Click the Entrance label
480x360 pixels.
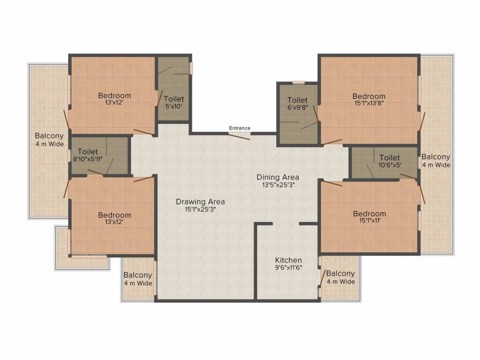click(x=240, y=128)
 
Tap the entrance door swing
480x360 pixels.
click(x=240, y=136)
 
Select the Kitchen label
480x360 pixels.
click(x=288, y=260)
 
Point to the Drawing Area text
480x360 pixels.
click(x=200, y=202)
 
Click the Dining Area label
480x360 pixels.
click(x=277, y=177)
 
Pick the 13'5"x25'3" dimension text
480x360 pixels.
click(x=278, y=185)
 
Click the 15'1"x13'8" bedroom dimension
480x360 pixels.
click(x=369, y=103)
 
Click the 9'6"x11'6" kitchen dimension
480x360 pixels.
click(x=288, y=268)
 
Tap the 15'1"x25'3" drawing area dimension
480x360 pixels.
click(x=200, y=210)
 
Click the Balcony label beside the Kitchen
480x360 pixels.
click(x=340, y=273)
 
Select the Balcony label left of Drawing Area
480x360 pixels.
click(x=138, y=275)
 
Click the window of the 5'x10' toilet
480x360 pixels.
click(x=191, y=68)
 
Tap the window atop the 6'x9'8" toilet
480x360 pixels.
click(x=299, y=82)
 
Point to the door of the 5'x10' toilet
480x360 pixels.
click(x=159, y=98)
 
